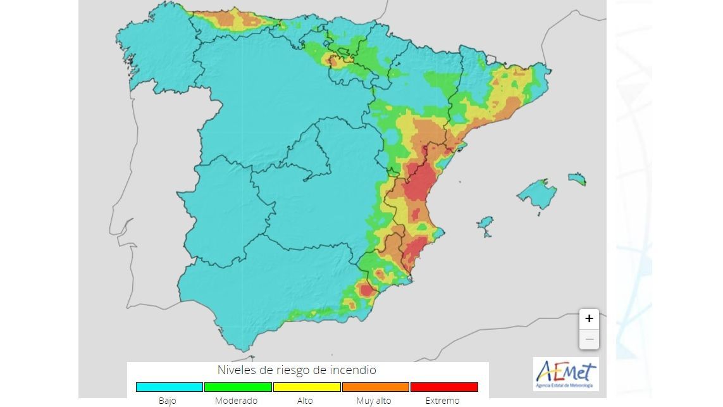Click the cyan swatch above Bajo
pos(169,387)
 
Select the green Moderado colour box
pos(238,387)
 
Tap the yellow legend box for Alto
pos(307,387)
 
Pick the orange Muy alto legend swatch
pos(375,387)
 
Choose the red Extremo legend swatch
pos(444,387)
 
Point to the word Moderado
pos(236,401)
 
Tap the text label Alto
pos(304,401)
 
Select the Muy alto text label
pos(374,401)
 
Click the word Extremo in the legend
pos(442,401)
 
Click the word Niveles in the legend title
pos(238,370)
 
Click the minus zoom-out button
pos(589,340)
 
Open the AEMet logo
pos(565,374)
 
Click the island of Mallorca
pos(538,194)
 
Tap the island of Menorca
pos(577,178)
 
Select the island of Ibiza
pos(485,223)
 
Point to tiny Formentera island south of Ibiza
pos(487,235)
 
